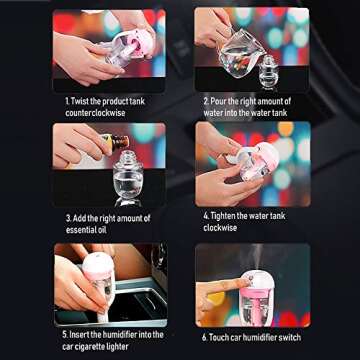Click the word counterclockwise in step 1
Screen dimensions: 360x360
pos(99,114)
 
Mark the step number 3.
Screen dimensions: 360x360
pos(70,216)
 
